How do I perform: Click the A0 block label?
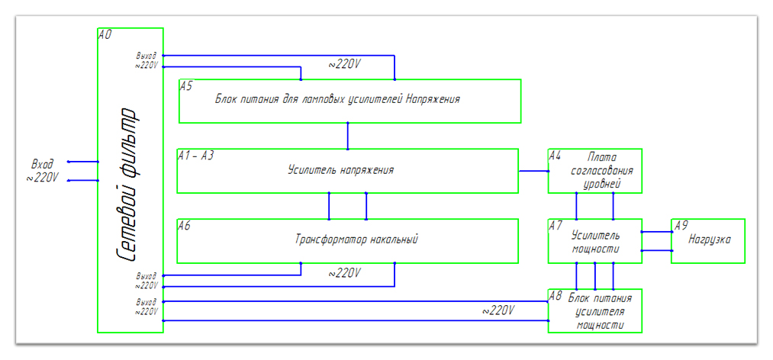(105, 34)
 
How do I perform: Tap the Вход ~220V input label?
(43, 171)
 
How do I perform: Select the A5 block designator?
(186, 86)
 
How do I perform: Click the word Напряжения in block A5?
(433, 99)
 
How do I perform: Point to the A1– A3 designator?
(195, 156)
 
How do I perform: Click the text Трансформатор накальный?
(356, 239)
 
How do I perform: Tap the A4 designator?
(555, 156)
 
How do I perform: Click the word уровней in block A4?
(602, 184)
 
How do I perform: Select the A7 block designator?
(556, 226)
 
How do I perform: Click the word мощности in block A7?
(596, 249)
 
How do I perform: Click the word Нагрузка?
(709, 239)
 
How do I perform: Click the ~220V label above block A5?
(344, 65)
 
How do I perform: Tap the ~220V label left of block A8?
(498, 310)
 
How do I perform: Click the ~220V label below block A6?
(344, 273)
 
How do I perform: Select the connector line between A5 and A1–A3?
(348, 136)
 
